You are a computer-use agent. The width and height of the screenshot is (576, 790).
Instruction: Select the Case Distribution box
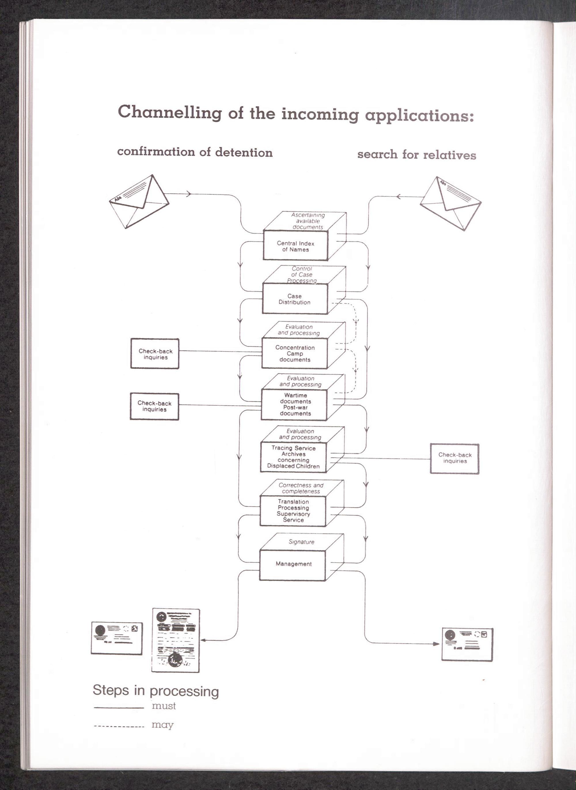tap(295, 299)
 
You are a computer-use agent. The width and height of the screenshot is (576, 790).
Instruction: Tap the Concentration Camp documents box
tap(295, 353)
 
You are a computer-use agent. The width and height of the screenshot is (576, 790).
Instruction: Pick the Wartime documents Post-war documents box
tap(295, 404)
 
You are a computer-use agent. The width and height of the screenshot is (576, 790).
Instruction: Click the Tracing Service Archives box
tap(293, 457)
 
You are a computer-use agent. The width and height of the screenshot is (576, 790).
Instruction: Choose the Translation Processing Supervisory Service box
tap(293, 511)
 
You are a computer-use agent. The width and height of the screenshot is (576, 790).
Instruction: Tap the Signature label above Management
tap(301, 542)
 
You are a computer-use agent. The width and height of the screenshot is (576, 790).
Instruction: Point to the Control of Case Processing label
tap(302, 275)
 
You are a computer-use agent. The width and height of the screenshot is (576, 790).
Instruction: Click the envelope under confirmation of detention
tap(139, 202)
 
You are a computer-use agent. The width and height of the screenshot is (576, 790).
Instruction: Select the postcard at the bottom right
tap(467, 644)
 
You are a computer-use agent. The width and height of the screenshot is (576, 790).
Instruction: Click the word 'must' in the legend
tap(164, 706)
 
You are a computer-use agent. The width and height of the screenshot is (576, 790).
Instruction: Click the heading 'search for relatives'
tap(416, 154)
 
